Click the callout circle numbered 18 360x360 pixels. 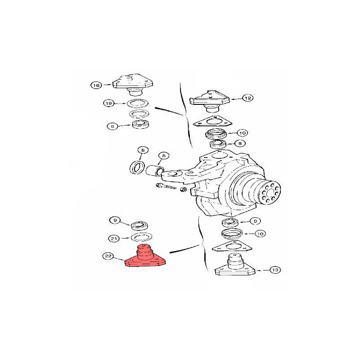click(96, 85)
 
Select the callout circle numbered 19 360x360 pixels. click(108, 103)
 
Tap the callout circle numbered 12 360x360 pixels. click(248, 98)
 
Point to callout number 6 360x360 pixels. click(143, 150)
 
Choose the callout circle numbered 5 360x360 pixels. click(164, 156)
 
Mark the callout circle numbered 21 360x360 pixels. click(114, 238)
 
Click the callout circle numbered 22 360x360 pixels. click(108, 256)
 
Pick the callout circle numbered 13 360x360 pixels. click(275, 270)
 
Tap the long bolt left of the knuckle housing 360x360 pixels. click(166, 186)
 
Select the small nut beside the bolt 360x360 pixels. click(184, 189)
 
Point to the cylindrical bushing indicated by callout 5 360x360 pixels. click(155, 171)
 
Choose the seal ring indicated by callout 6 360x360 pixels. click(137, 167)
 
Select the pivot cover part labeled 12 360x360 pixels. click(209, 100)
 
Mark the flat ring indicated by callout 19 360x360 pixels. click(138, 103)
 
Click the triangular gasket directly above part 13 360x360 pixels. click(232, 246)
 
